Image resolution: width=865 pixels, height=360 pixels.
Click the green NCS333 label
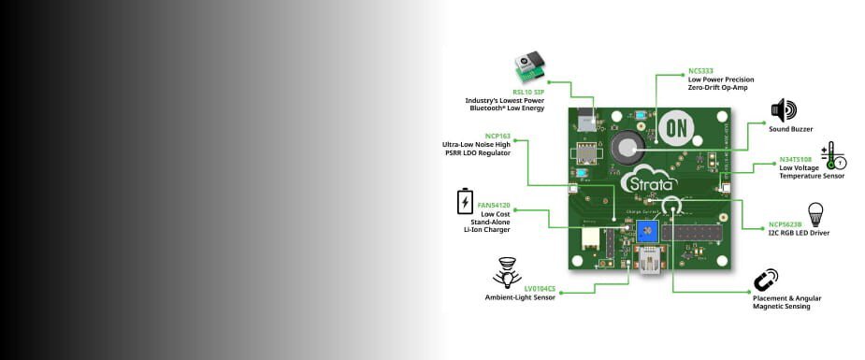click(700, 71)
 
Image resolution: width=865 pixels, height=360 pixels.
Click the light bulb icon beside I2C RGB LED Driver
click(815, 214)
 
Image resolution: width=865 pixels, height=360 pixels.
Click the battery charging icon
click(464, 202)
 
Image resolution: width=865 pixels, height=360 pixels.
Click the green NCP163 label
click(497, 136)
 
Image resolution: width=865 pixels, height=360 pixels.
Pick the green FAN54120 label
click(494, 205)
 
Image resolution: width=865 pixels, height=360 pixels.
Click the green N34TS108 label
click(796, 159)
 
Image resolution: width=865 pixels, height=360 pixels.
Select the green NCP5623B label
click(786, 223)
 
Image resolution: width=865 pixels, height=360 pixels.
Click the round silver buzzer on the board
click(624, 146)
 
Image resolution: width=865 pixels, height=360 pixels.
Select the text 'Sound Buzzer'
click(791, 129)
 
